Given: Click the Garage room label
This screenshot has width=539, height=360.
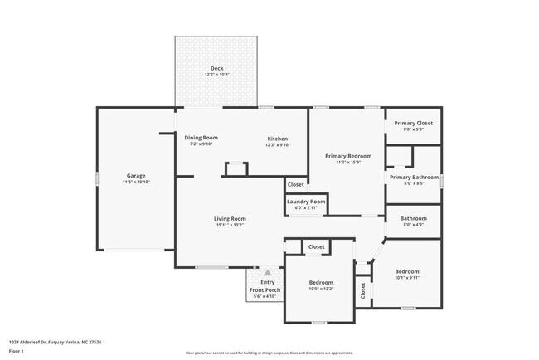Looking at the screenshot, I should [x=136, y=176].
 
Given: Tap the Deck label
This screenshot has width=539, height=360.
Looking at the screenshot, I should [x=216, y=68].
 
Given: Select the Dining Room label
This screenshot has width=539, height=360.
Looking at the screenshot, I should [x=201, y=138].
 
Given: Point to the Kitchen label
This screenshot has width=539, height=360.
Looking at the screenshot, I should [x=277, y=138].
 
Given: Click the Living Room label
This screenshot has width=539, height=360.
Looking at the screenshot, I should [x=231, y=218].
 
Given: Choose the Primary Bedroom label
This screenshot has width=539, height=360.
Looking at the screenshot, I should [x=347, y=156].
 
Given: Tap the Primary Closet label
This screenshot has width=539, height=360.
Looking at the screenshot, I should [x=413, y=123].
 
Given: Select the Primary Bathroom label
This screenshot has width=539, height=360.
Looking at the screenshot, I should [x=413, y=177].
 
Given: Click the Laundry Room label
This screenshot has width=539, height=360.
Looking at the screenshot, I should [x=306, y=202].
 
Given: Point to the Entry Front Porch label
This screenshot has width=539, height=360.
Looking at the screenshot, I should [x=267, y=285].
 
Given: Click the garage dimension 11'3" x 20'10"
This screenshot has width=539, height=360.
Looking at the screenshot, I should [x=136, y=182].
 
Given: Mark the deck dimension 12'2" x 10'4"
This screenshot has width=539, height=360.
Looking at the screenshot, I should [x=216, y=75].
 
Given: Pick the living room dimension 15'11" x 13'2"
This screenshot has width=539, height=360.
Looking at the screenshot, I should [x=231, y=225].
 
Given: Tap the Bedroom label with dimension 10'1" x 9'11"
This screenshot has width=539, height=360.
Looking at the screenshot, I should [x=406, y=271].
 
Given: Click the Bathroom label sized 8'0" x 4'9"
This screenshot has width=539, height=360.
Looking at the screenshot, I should [x=413, y=218].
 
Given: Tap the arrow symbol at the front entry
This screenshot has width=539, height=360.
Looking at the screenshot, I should [x=267, y=271].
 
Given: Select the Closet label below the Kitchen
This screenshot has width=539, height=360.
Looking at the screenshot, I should [x=295, y=184].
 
